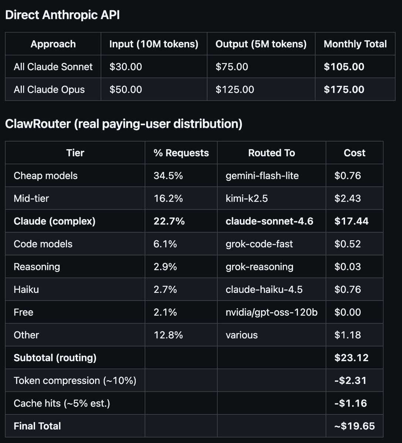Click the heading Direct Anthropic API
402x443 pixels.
[62, 15]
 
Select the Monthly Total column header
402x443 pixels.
[355, 44]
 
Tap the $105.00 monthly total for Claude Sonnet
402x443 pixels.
[344, 67]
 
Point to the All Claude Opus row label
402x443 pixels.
[49, 90]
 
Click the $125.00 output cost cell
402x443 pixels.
[235, 90]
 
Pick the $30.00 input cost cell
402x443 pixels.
[126, 67]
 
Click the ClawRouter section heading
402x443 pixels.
[124, 124]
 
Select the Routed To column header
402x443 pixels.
[272, 153]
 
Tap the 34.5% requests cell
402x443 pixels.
[168, 176]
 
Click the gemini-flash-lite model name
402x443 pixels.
[262, 176]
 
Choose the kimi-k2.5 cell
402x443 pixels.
[246, 199]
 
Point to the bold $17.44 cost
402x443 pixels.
[351, 221]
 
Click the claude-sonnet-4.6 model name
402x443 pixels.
[269, 221]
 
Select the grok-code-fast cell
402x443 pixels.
[259, 244]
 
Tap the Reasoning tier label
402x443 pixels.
[37, 267]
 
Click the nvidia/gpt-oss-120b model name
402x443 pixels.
[272, 312]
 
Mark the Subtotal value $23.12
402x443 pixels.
[351, 358]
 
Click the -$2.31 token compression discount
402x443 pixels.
[350, 381]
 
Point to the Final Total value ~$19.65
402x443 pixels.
[354, 426]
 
